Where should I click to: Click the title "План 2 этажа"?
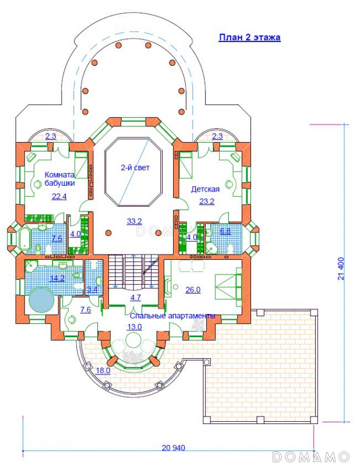click(x=249, y=38)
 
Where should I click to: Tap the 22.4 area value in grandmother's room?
click(x=59, y=196)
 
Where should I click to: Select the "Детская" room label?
click(x=205, y=189)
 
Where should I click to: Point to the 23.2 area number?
click(x=207, y=202)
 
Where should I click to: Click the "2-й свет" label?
click(x=135, y=168)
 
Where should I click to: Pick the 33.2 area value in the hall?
click(x=135, y=221)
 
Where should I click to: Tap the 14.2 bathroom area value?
click(x=57, y=278)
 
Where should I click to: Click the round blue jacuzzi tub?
click(x=41, y=299)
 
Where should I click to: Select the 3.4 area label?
click(x=93, y=290)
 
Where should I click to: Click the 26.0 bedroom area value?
click(x=193, y=290)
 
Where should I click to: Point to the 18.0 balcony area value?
click(x=103, y=370)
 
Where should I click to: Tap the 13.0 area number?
click(x=135, y=327)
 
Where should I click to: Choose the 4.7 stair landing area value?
click(x=136, y=298)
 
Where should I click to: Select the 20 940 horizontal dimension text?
click(x=174, y=447)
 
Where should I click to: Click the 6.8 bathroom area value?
click(x=225, y=231)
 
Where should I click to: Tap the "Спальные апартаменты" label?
click(x=172, y=316)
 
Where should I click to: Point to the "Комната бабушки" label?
click(x=59, y=179)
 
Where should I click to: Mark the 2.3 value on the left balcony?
click(x=51, y=136)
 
